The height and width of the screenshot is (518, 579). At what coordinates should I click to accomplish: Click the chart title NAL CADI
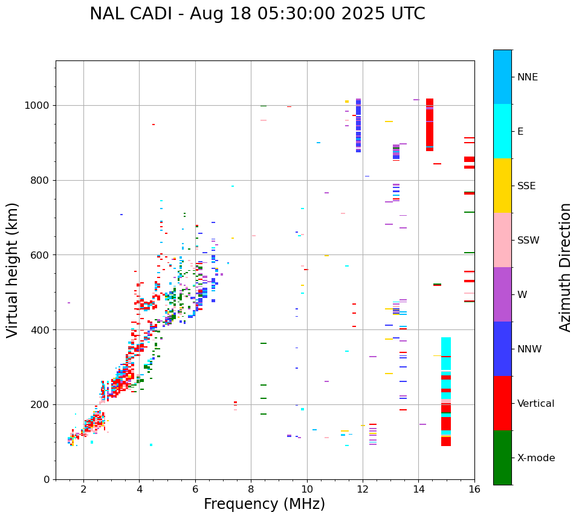tap(257, 14)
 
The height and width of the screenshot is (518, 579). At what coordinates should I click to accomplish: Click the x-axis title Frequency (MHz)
tap(264, 504)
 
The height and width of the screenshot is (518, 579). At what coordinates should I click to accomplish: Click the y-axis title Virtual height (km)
tap(13, 270)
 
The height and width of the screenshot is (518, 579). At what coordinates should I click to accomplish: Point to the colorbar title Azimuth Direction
tap(565, 267)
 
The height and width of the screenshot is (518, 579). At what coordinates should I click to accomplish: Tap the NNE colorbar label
tap(527, 77)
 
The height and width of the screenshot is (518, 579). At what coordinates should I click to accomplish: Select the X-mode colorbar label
tap(535, 458)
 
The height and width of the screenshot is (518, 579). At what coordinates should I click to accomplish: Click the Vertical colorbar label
tap(535, 404)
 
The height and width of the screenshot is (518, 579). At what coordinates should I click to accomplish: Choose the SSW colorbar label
tap(528, 241)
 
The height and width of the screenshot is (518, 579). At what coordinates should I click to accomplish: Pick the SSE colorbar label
tap(526, 186)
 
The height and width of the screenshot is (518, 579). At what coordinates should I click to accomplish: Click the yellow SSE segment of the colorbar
tap(502, 186)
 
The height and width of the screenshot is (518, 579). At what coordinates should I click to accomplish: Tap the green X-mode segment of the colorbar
tap(502, 458)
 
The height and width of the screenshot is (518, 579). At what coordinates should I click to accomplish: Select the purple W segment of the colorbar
tap(502, 294)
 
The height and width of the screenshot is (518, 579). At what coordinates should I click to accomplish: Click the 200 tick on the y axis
tap(43, 404)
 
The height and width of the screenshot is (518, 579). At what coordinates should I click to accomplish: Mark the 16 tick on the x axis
tap(474, 489)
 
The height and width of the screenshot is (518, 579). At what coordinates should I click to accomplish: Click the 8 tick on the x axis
tap(251, 489)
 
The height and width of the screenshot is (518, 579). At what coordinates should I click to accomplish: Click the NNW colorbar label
tap(529, 349)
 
